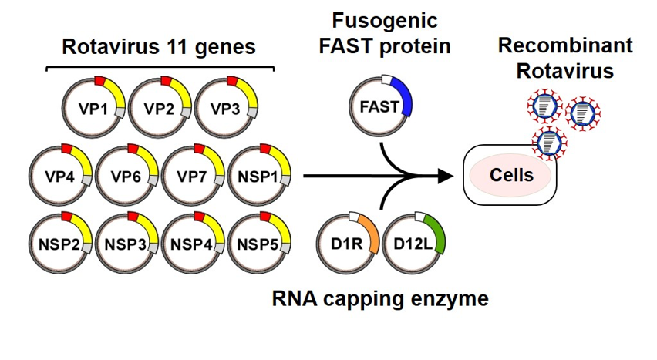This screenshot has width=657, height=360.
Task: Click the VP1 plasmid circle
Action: point(93,107)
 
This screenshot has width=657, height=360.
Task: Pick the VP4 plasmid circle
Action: point(59,176)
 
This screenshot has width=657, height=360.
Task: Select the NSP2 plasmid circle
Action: point(59,245)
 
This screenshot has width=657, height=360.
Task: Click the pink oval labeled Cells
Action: point(511,175)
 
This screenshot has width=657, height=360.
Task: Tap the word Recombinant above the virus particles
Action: point(564,45)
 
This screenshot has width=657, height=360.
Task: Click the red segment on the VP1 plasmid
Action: point(100,79)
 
